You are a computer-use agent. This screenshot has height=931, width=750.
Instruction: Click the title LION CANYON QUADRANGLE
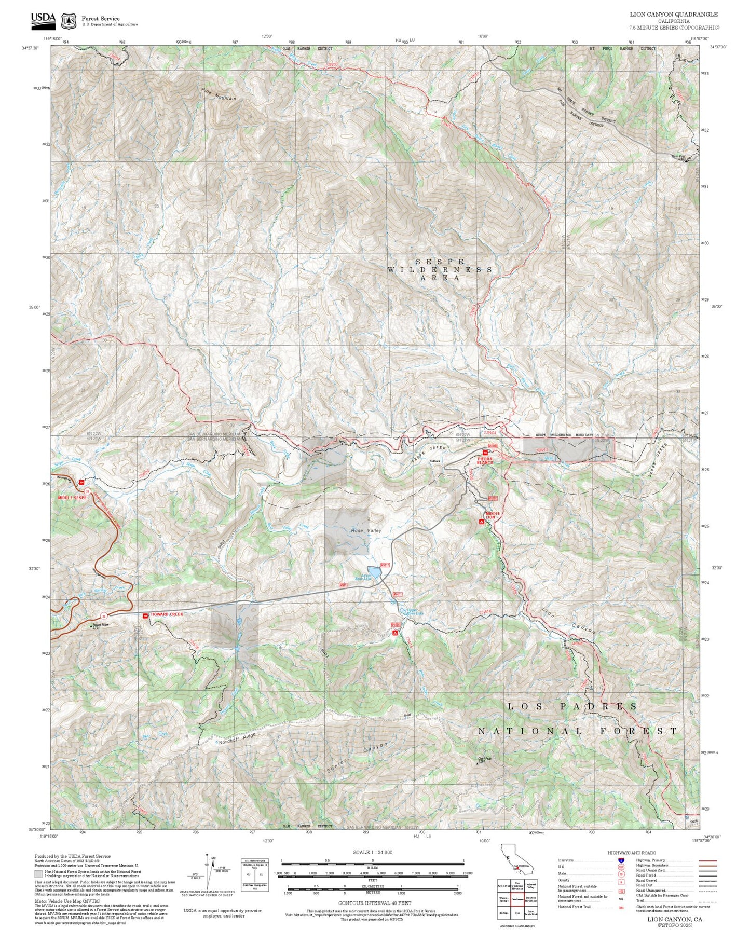674,15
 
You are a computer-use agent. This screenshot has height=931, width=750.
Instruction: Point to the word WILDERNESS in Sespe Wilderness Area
440,270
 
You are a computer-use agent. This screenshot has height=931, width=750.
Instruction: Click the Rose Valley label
366,530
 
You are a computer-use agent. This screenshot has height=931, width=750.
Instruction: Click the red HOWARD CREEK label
167,614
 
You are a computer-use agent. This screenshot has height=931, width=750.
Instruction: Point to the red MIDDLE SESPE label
73,497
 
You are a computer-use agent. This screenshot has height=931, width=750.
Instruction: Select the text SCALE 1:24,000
372,852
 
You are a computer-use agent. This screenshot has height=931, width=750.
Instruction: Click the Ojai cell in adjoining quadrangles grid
517,912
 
